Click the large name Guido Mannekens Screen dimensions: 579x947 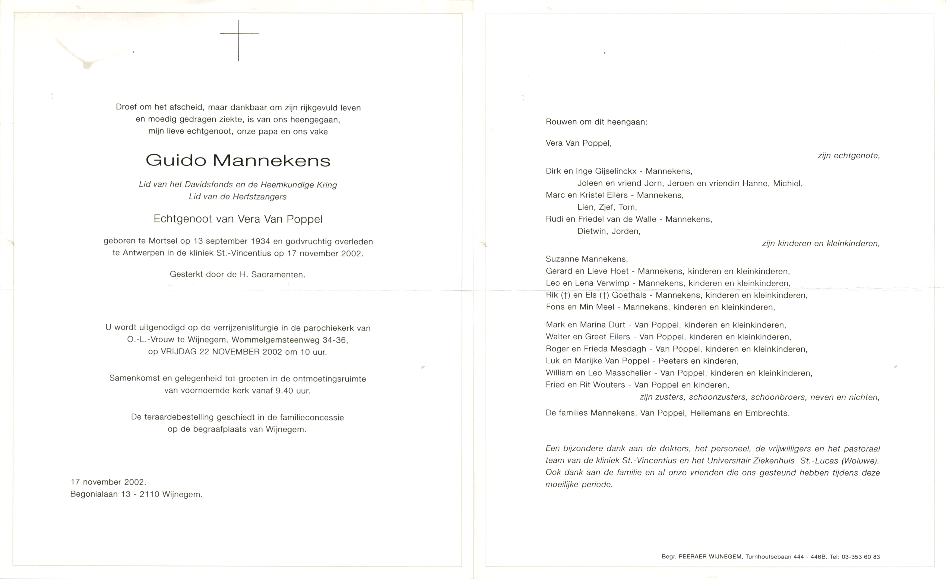point(238,160)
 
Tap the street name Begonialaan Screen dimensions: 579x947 point(94,494)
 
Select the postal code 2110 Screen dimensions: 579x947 point(149,494)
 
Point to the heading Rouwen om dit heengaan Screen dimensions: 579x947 point(596,122)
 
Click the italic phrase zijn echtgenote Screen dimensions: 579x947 point(849,156)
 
